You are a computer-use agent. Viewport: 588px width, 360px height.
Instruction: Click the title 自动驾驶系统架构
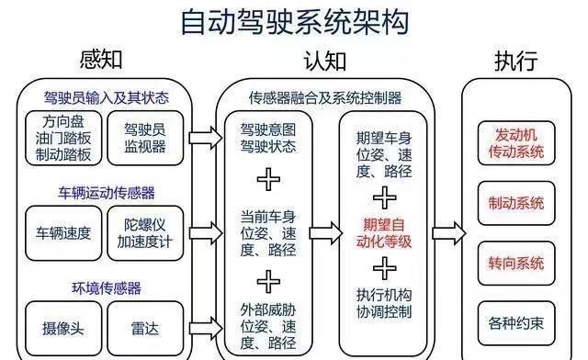point(293,20)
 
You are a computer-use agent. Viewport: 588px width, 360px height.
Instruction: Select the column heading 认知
point(324,62)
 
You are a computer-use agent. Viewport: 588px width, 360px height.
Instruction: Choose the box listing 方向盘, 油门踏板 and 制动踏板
point(62,139)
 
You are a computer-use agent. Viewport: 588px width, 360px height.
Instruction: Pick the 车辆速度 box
point(62,232)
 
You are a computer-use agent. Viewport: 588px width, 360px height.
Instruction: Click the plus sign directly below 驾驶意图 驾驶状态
point(267,176)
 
